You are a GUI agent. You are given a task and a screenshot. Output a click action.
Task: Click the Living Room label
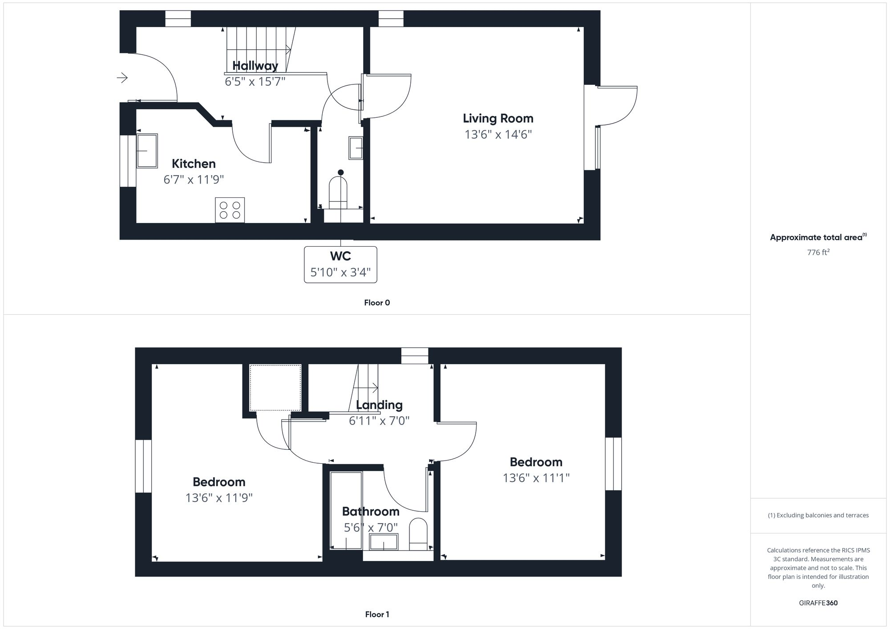point(498,118)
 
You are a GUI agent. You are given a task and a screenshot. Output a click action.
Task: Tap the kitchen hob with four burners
point(230,210)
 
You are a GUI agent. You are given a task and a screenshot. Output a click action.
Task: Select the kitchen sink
point(147,151)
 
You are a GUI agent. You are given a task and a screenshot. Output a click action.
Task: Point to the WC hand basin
point(356,148)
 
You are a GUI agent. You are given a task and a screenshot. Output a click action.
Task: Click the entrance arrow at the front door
point(122,78)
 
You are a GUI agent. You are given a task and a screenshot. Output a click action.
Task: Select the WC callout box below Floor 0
point(340,264)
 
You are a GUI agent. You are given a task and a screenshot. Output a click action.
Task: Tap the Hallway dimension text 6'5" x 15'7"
point(255,81)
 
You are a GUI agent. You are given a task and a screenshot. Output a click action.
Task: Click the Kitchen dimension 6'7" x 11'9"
point(194,180)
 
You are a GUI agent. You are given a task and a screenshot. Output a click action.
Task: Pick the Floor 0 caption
point(377,303)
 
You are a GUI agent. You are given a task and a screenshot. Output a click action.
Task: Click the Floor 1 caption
point(377,614)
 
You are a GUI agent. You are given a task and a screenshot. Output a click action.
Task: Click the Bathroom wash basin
point(384,542)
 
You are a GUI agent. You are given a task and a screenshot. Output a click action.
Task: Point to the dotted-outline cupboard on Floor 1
point(275,388)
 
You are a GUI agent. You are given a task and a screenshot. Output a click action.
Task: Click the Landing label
point(379,405)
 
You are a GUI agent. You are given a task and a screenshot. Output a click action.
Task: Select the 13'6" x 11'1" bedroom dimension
point(536,478)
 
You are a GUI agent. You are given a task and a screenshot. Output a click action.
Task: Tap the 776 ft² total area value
point(818,252)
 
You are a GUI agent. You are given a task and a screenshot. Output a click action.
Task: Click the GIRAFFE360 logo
point(818,603)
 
